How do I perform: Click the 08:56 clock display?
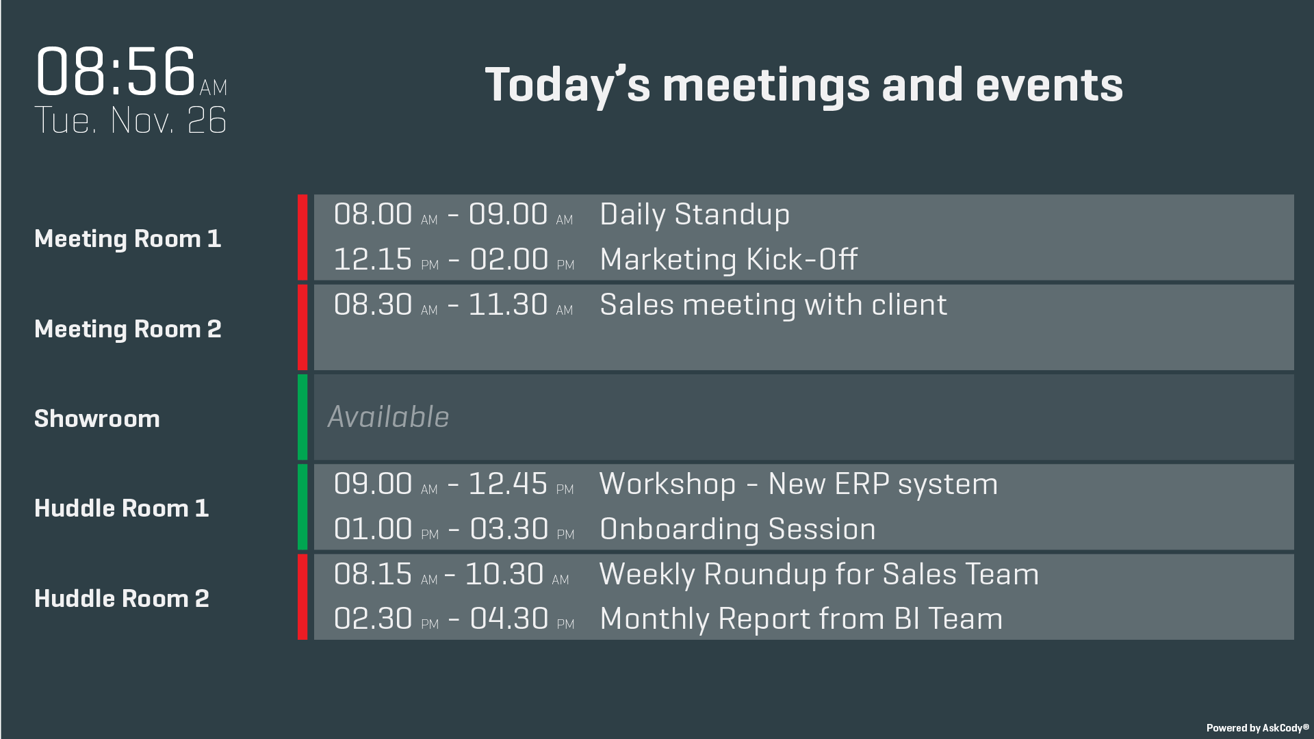(x=131, y=71)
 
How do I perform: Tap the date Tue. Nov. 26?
(x=130, y=120)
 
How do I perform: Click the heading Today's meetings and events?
(x=804, y=86)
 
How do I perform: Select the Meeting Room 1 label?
(x=128, y=239)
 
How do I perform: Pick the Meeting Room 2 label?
(x=128, y=329)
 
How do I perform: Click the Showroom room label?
(x=97, y=419)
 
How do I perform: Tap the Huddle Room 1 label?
(x=122, y=508)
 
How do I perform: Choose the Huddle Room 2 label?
(x=122, y=599)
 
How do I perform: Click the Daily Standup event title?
(x=695, y=215)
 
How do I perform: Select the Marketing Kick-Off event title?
(x=729, y=259)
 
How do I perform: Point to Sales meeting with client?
(x=773, y=305)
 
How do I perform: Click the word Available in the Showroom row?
(x=388, y=417)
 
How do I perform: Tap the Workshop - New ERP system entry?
(x=799, y=484)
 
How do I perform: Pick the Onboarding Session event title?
(x=738, y=530)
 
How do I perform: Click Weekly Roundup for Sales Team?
(x=819, y=575)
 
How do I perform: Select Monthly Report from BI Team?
(x=801, y=619)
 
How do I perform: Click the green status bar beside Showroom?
(x=302, y=417)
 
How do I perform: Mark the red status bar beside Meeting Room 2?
(x=302, y=327)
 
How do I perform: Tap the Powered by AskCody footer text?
(x=1257, y=728)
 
